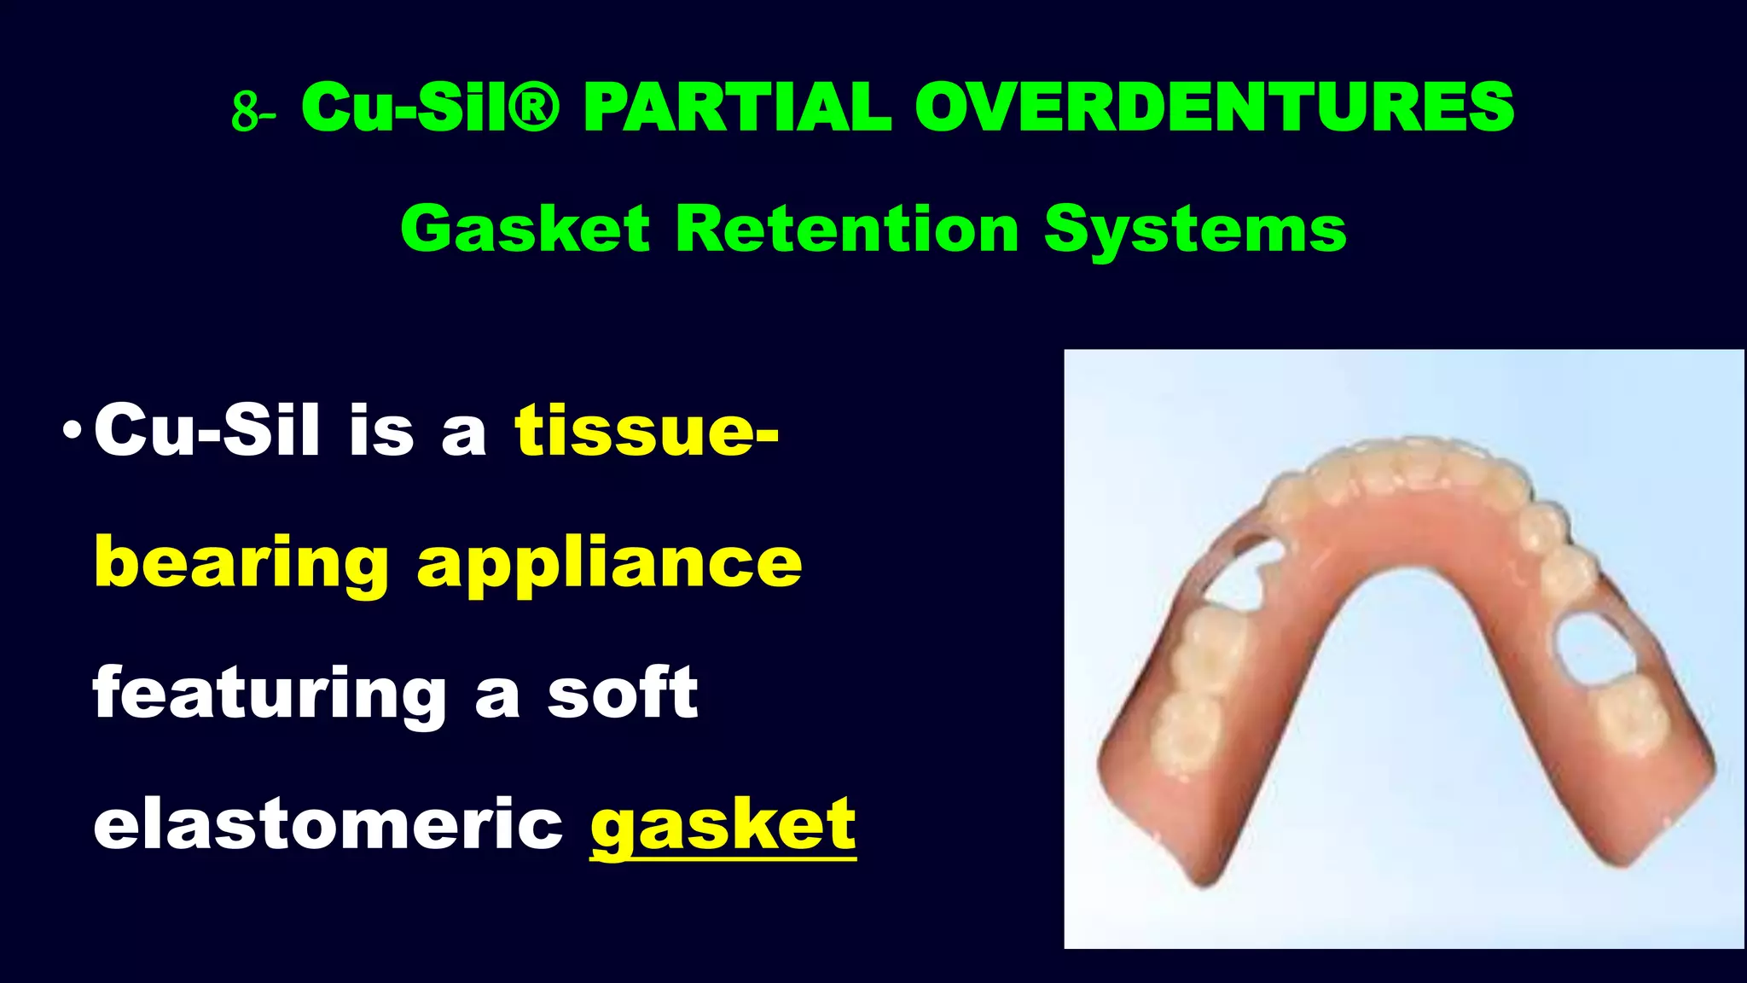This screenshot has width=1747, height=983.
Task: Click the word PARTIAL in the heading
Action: (x=737, y=108)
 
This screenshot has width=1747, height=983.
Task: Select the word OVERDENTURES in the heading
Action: (x=1214, y=108)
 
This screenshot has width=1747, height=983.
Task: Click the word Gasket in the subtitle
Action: (x=525, y=230)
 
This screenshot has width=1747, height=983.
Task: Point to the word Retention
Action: (x=846, y=230)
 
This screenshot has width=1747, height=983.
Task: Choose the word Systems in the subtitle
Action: (x=1194, y=230)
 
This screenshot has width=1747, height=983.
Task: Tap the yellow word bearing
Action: (x=241, y=563)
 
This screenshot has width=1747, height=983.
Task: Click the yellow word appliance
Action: (x=609, y=563)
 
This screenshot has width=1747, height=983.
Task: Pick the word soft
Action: (x=622, y=693)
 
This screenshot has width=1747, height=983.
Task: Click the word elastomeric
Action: (x=328, y=824)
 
